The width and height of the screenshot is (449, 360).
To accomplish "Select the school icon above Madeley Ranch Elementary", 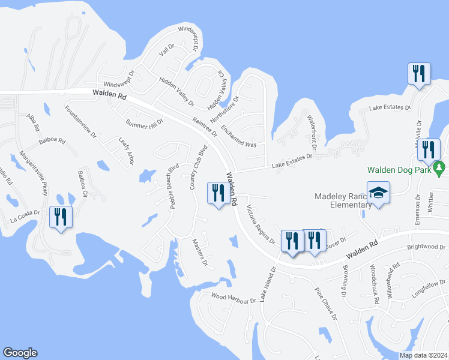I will pyautogui.click(x=378, y=193).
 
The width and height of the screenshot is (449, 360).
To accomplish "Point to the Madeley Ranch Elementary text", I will pyautogui.click(x=343, y=200).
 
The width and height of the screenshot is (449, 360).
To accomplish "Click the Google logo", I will pyautogui.click(x=20, y=353).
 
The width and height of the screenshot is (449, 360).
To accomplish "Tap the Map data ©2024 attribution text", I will pyautogui.click(x=423, y=355).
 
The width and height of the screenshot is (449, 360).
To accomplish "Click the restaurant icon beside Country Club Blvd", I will pyautogui.click(x=217, y=193).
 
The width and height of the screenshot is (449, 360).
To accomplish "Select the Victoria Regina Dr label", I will pyautogui.click(x=261, y=225).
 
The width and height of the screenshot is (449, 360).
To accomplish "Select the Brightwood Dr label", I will pyautogui.click(x=426, y=247).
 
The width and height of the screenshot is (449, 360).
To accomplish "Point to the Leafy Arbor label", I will pyautogui.click(x=125, y=150).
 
